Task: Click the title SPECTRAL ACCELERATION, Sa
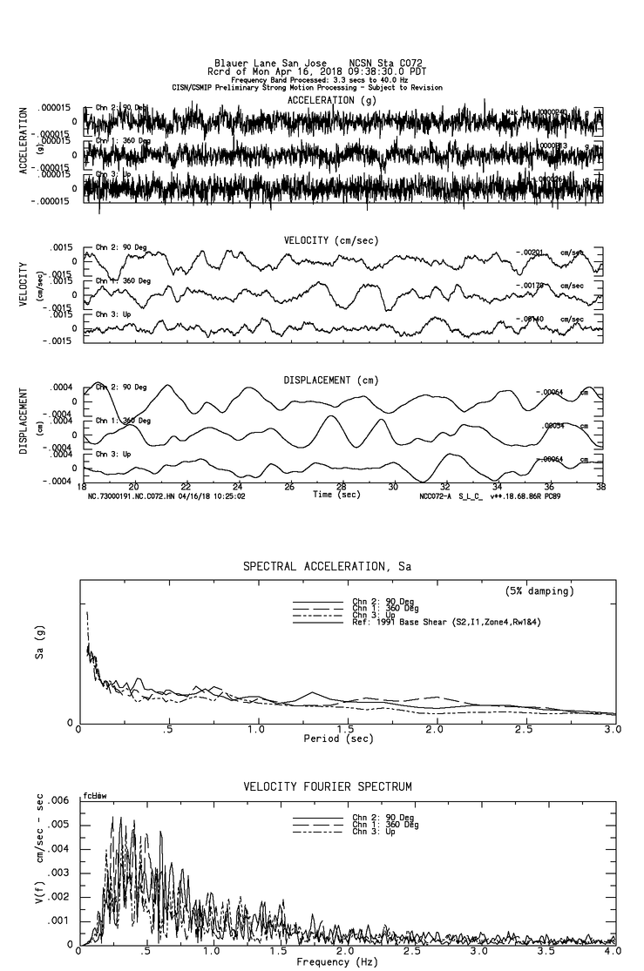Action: (327, 567)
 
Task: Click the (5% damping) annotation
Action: (539, 591)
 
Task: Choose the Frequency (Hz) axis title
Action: (335, 961)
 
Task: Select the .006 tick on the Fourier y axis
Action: (58, 800)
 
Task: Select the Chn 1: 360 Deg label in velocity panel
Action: (123, 281)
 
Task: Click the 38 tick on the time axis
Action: (600, 487)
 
